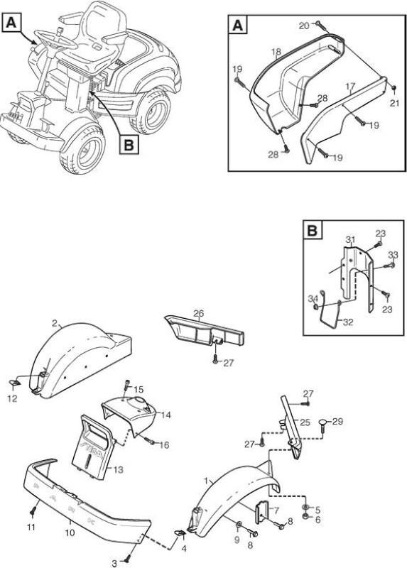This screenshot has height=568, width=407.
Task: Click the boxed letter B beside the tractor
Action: (x=129, y=145)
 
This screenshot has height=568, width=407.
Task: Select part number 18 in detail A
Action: (x=276, y=52)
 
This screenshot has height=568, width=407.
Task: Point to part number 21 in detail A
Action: (x=394, y=103)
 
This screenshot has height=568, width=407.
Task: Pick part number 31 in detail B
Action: (x=349, y=239)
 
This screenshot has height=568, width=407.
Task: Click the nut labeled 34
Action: (x=315, y=307)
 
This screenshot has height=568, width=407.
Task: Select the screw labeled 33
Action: (x=391, y=265)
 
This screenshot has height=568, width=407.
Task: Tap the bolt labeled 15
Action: (x=127, y=384)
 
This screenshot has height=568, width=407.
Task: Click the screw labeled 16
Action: (x=150, y=442)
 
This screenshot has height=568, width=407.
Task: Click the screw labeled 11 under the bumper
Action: (x=33, y=512)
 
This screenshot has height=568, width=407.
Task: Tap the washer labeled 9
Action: (x=239, y=525)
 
